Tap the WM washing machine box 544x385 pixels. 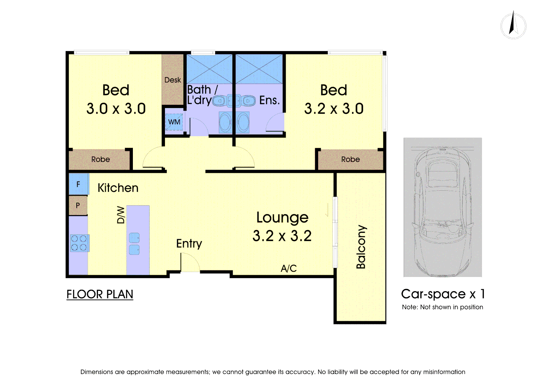click(x=174, y=122)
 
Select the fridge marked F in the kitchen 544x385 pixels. click(x=79, y=184)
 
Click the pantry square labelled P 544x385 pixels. click(x=78, y=206)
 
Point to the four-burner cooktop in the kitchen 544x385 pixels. click(x=80, y=243)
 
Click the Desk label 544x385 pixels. click(x=173, y=80)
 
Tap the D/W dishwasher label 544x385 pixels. click(x=121, y=215)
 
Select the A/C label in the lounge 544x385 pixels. click(x=289, y=268)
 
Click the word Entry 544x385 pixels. click(x=189, y=243)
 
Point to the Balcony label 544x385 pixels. click(x=361, y=247)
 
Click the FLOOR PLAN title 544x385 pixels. click(x=100, y=294)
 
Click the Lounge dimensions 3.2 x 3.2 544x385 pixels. click(x=282, y=236)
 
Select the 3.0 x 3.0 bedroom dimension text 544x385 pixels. click(x=116, y=108)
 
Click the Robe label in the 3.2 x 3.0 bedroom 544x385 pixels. click(x=351, y=159)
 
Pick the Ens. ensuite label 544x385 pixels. click(x=270, y=100)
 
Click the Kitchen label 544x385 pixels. click(x=118, y=188)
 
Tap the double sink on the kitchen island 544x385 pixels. click(x=134, y=244)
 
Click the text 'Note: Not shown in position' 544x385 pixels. click(x=442, y=307)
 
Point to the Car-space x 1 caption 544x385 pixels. click(x=443, y=294)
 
